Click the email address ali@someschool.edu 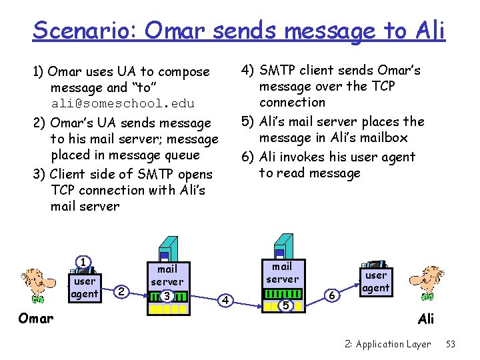[123, 103]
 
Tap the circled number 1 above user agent [83, 262]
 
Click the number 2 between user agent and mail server [121, 291]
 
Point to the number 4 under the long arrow [225, 301]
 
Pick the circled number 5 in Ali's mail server [285, 305]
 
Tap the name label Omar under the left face [36, 318]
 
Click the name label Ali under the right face [426, 319]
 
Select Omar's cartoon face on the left [33, 284]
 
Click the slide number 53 [451, 344]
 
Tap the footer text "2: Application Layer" [388, 344]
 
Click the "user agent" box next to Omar [85, 287]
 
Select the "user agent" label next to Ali [376, 281]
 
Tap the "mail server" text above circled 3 [167, 275]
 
